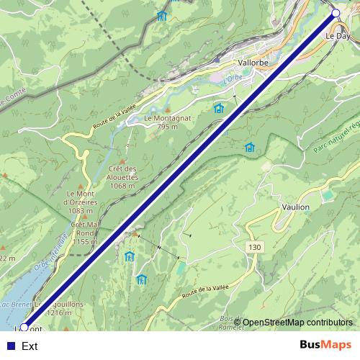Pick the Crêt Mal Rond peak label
tap(85, 233)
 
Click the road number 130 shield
tap(253, 247)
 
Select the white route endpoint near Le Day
tap(336, 13)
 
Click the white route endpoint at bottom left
tap(24, 328)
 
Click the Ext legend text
tap(30, 346)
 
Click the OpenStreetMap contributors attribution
tap(297, 323)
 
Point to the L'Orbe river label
tap(232, 77)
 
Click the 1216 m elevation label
tap(59, 313)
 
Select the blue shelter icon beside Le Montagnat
tap(219, 109)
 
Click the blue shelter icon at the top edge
tap(161, 16)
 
